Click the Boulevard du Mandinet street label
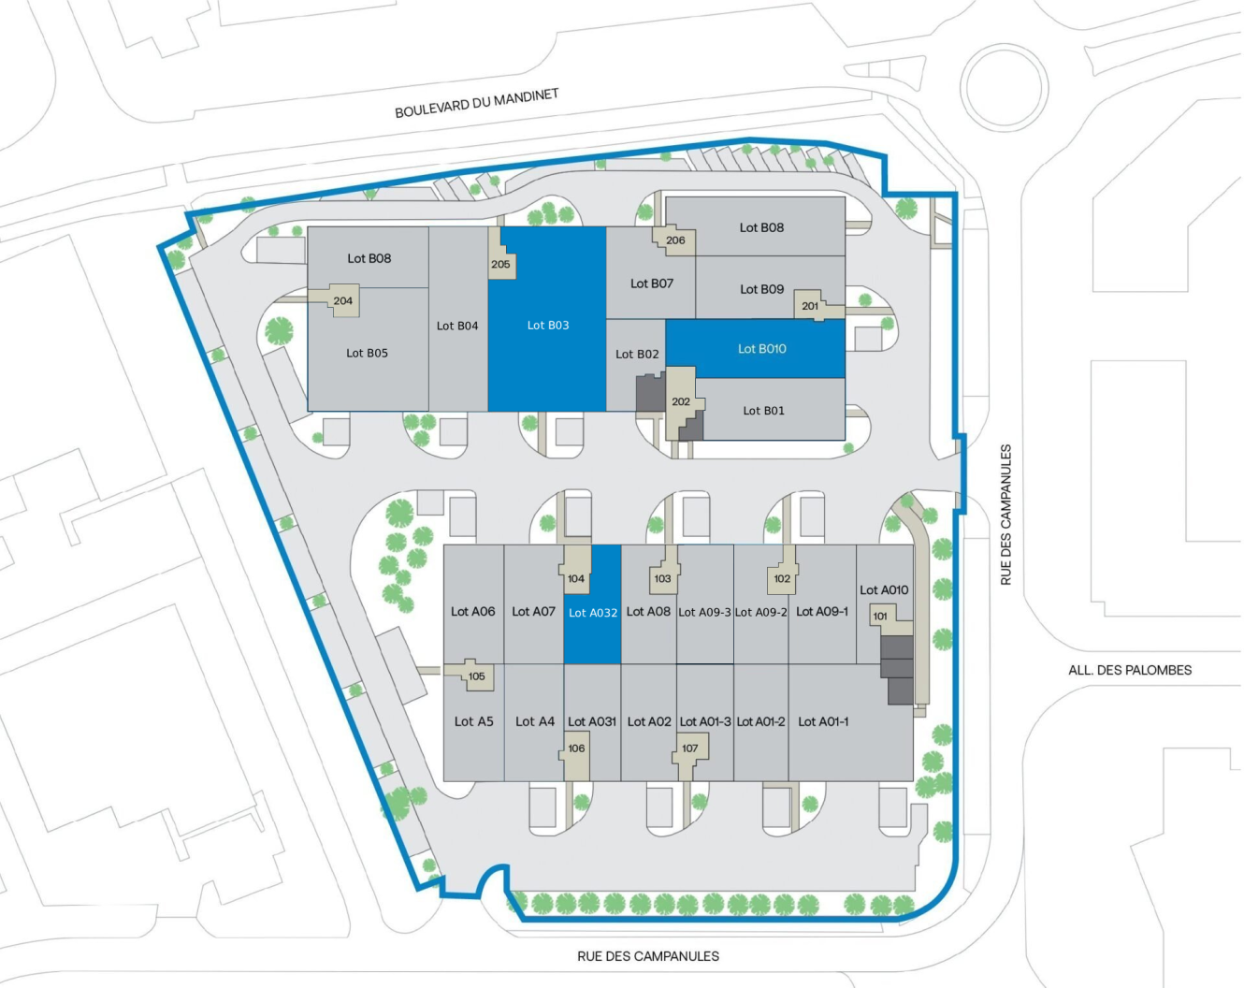[476, 104]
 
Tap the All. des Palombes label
[1130, 670]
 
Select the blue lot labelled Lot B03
[547, 325]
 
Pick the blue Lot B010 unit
[761, 349]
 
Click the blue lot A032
[593, 613]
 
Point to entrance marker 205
[500, 264]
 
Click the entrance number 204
[342, 301]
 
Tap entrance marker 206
[675, 240]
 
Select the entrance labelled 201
[810, 306]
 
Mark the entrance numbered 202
[681, 402]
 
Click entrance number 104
[576, 578]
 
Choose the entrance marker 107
[690, 748]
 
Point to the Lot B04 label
[457, 326]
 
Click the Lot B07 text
[652, 283]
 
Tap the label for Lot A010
[884, 590]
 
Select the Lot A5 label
[473, 721]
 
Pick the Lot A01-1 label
[823, 721]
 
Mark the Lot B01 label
[763, 411]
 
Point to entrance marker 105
[477, 676]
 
